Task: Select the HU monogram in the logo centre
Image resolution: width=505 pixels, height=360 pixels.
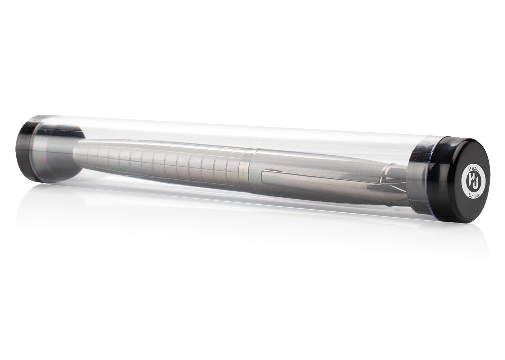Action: [472, 182]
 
